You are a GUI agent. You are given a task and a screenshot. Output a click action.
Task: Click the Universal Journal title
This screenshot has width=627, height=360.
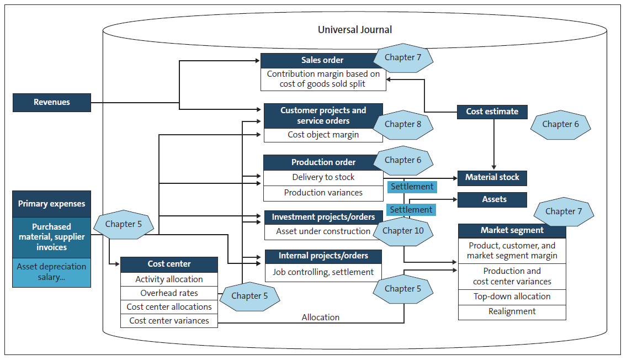click(x=355, y=30)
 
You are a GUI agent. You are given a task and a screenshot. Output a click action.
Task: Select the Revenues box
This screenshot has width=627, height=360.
click(x=52, y=103)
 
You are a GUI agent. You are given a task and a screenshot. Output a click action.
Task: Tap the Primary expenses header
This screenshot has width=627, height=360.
click(x=52, y=204)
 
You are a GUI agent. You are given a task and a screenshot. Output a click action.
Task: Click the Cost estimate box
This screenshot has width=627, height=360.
click(x=492, y=112)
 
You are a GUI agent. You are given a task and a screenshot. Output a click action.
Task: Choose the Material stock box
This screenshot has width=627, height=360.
click(x=492, y=178)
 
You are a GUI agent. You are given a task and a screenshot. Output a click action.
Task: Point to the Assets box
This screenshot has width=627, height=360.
click(x=492, y=199)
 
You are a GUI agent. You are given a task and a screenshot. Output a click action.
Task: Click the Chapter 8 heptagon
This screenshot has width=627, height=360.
click(x=402, y=124)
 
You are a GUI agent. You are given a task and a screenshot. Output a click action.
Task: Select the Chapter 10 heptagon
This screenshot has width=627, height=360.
click(x=403, y=230)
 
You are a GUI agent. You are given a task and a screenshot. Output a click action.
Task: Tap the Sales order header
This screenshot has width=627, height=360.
click(x=322, y=60)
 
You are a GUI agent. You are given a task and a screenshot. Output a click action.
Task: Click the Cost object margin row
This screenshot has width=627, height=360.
click(x=323, y=135)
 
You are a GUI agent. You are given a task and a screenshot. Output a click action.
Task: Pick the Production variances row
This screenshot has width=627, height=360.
click(x=323, y=193)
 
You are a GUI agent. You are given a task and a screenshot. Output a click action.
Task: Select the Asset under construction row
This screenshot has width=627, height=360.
click(x=323, y=231)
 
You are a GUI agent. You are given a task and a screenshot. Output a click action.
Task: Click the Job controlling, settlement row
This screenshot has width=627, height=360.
click(x=323, y=272)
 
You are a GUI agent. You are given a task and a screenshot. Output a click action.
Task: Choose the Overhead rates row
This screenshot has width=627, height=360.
click(x=169, y=293)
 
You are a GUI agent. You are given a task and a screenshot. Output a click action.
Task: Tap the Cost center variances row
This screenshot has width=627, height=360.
click(x=169, y=321)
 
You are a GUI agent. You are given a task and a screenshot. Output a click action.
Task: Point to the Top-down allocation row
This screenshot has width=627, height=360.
click(x=512, y=297)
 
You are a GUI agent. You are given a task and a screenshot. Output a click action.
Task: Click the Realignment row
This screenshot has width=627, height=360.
click(x=512, y=311)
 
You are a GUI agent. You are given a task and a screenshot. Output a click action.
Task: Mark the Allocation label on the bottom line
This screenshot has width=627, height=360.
click(x=320, y=317)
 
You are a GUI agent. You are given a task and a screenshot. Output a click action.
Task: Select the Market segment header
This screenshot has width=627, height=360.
click(x=512, y=230)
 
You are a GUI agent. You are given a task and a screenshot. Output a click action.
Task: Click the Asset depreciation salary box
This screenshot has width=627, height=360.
click(x=52, y=272)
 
